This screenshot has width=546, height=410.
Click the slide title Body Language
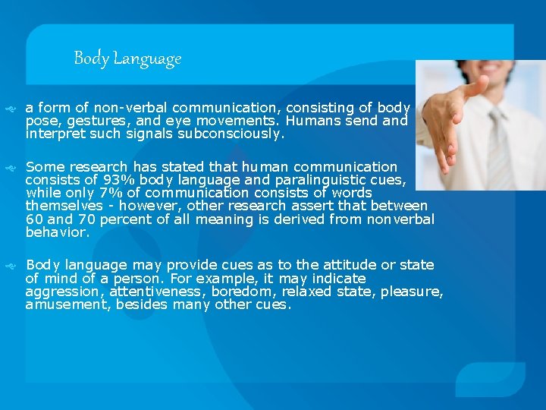pyautogui.click(x=127, y=58)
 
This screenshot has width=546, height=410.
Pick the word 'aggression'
pyautogui.click(x=62, y=292)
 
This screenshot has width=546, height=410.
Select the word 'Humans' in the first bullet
pyautogui.click(x=313, y=121)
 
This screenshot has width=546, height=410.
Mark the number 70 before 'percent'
pyautogui.click(x=90, y=219)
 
